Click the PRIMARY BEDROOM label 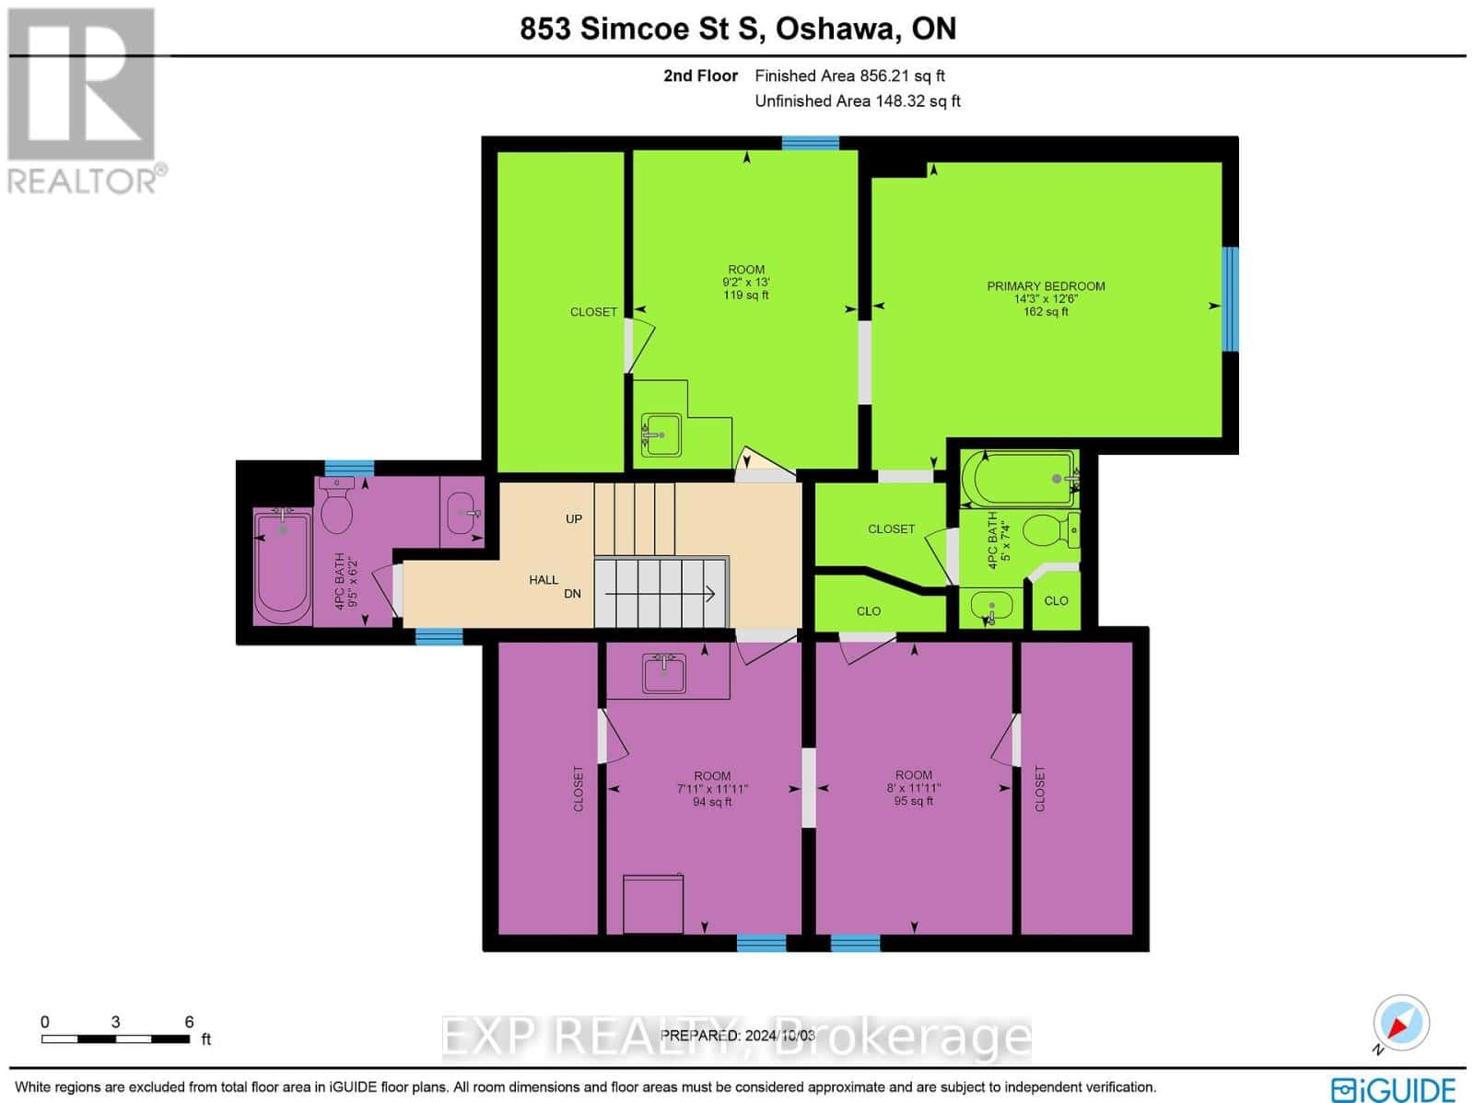pos(1046,286)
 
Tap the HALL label pos(544,580)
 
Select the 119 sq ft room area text pos(746,296)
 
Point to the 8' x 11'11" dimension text pos(913,788)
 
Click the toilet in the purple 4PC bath pos(336,506)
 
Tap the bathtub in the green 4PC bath pos(1020,479)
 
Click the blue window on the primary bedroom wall pos(1230,299)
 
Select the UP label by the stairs pos(574,519)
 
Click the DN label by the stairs pos(572,594)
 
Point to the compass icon pos(1400,1023)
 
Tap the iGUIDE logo pos(1394,1089)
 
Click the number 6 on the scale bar pos(190,1022)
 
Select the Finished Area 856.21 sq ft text pos(849,75)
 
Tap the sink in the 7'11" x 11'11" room pos(664,673)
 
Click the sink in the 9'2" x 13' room pos(661,435)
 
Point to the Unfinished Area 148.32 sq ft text pos(858,101)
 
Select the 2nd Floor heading pos(700,75)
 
